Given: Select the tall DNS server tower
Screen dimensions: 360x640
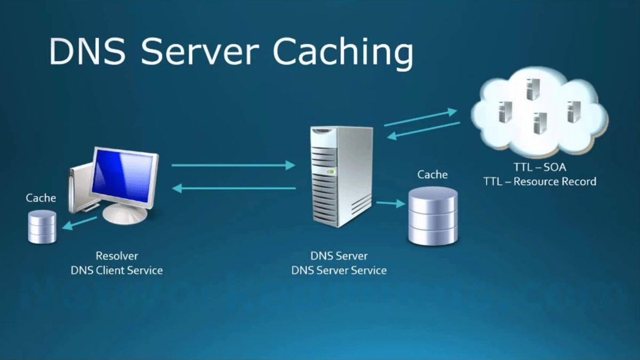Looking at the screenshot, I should tap(341, 176).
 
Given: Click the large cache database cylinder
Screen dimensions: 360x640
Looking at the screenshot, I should tap(433, 216).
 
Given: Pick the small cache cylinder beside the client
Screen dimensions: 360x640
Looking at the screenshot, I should tap(42, 226).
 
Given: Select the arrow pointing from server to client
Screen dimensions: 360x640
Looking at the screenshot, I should tap(235, 188).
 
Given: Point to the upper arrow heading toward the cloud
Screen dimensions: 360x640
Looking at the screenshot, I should tap(420, 117).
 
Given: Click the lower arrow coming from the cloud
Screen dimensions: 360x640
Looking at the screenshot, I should tap(423, 130).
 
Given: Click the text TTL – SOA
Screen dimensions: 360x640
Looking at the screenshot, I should tap(539, 167).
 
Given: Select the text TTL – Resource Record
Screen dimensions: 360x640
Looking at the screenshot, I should tap(539, 181).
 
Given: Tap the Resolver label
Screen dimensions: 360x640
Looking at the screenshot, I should tap(116, 256).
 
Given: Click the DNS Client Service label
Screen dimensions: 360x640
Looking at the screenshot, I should tap(116, 270).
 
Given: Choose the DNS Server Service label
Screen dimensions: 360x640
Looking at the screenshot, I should tap(339, 270).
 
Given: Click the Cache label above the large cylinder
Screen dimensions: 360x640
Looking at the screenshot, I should tap(432, 174).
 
